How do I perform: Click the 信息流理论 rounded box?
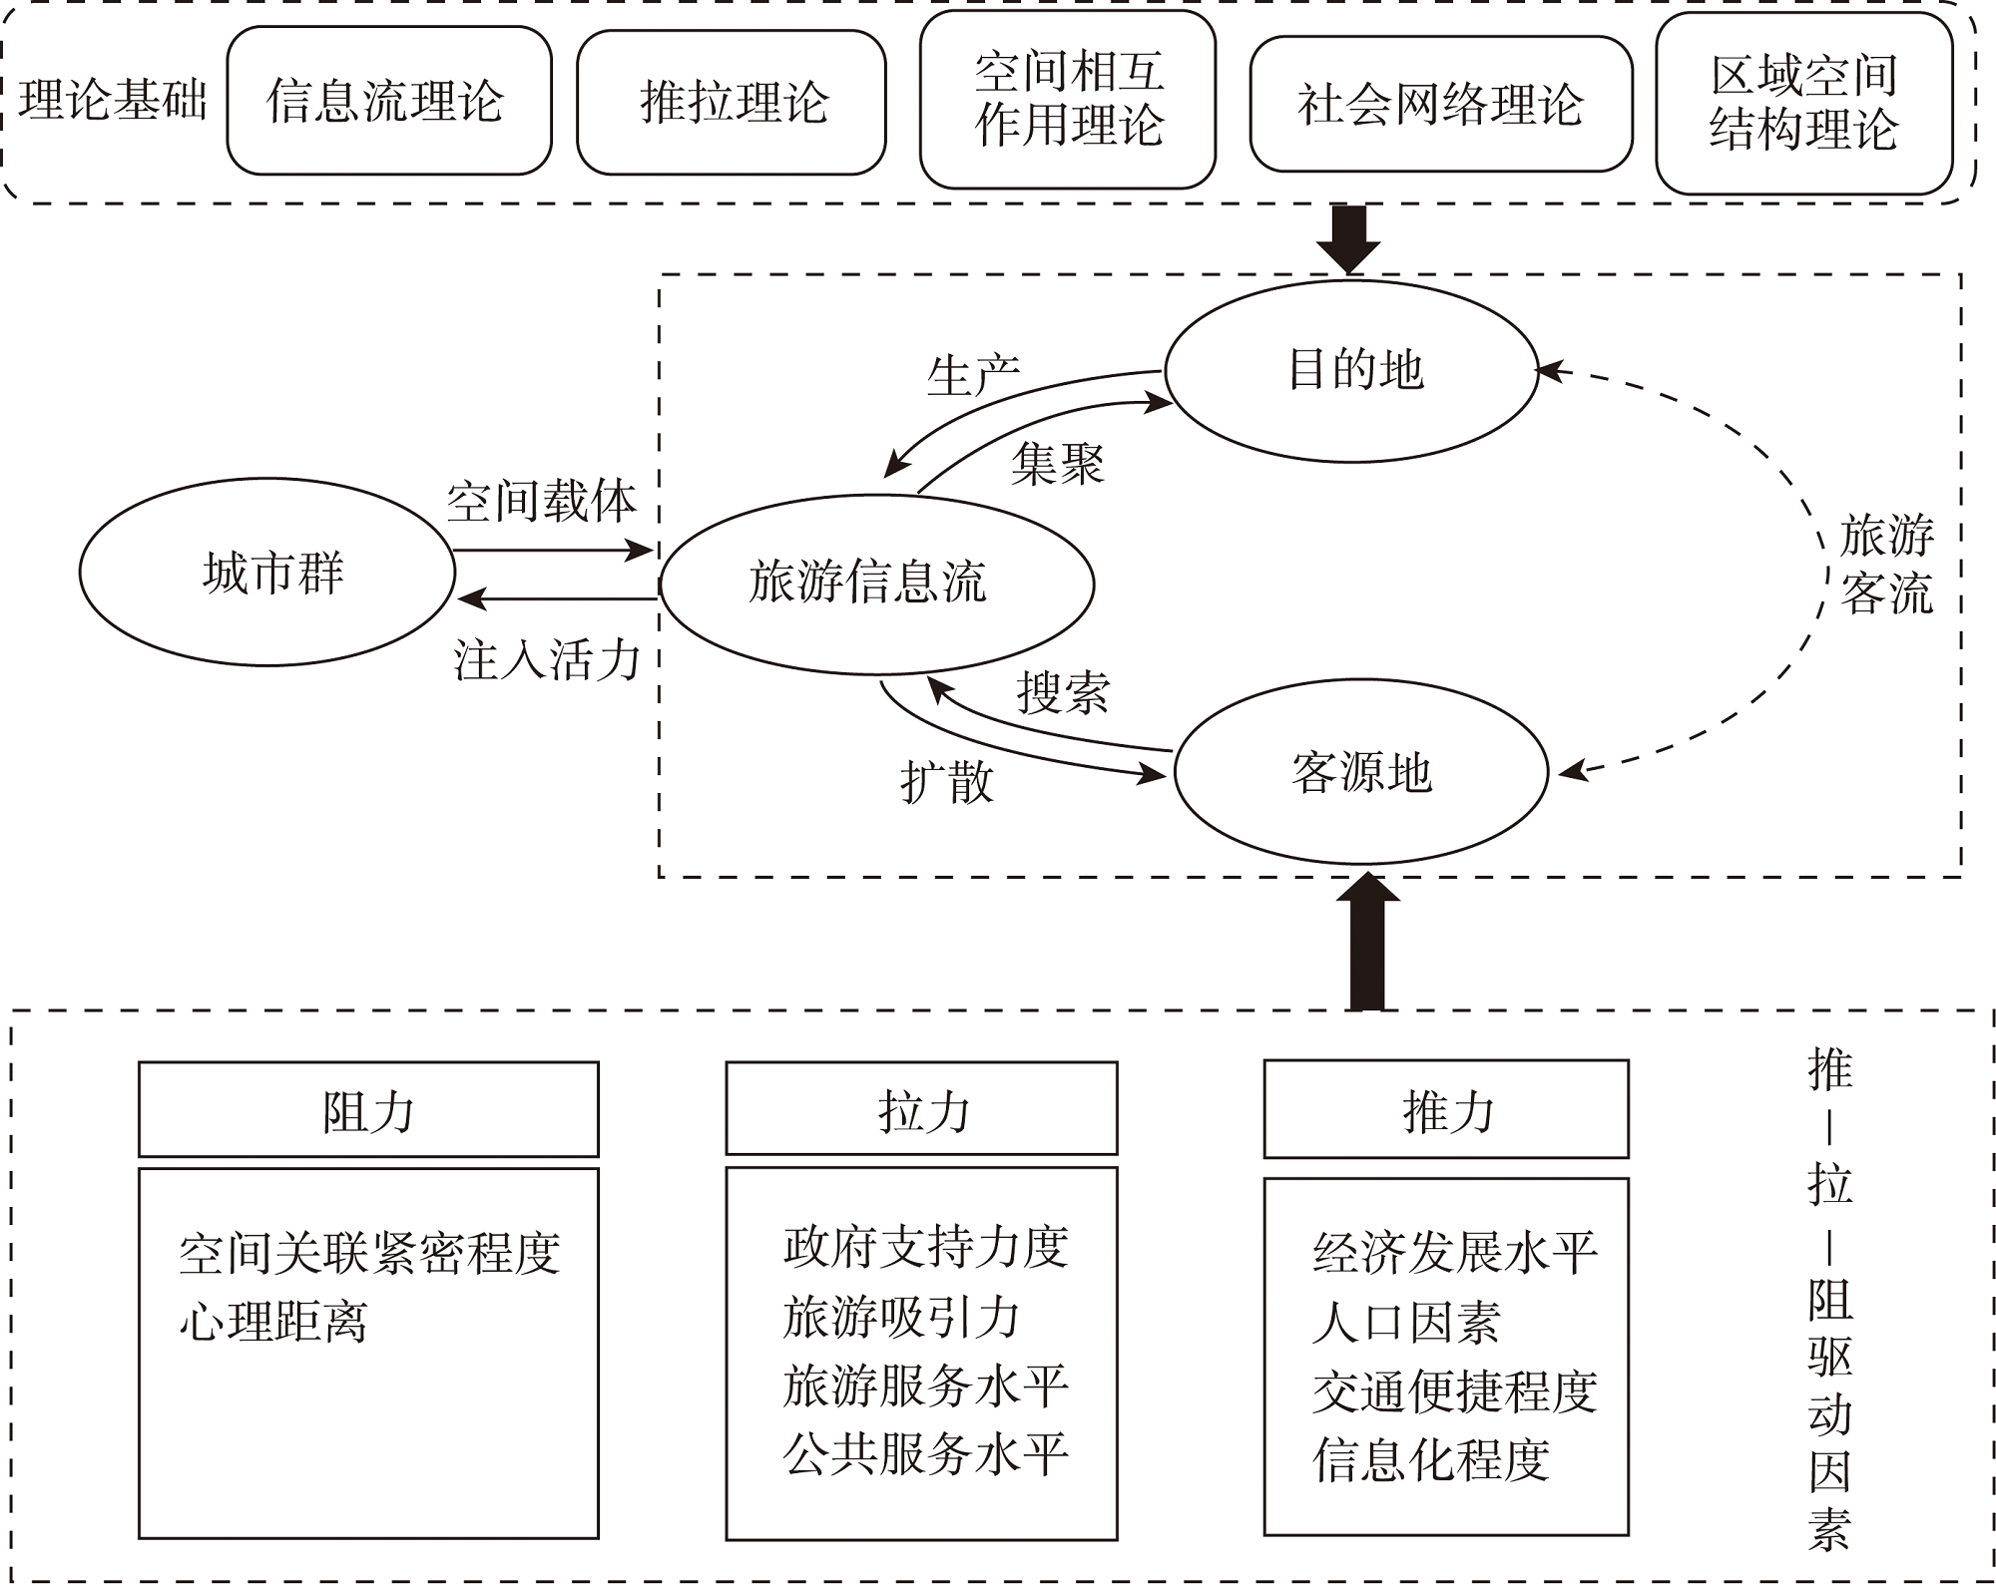coord(389,101)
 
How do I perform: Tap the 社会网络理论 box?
coord(1440,104)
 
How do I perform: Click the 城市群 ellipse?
coord(267,573)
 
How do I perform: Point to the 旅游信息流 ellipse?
coord(876,584)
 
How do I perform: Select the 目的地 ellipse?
coord(1352,370)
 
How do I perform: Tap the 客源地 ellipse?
coord(1361,772)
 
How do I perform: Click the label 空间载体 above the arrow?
coord(540,501)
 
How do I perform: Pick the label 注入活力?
coord(546,659)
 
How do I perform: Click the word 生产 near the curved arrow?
coord(972,376)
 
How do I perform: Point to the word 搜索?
coord(1063,692)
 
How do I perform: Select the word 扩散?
coord(946,781)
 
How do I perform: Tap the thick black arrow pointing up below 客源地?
coord(1366,943)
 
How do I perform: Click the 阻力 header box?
coord(368,1109)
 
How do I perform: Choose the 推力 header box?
coord(1446,1109)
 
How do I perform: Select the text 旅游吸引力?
coord(900,1317)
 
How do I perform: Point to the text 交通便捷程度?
coord(1454,1391)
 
